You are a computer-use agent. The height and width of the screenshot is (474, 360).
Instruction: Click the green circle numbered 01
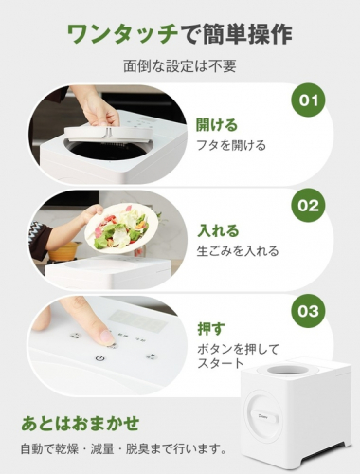coord(308,100)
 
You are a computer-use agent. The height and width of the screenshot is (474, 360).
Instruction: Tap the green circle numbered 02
coord(308,206)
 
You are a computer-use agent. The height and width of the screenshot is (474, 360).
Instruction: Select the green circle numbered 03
coord(308,311)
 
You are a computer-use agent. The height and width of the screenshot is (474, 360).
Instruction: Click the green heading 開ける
coord(217,124)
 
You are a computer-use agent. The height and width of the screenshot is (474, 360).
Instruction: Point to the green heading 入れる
coord(218,230)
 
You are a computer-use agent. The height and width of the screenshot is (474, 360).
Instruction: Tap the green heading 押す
coord(211,329)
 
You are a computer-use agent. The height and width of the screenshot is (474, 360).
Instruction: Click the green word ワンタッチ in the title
coord(122,34)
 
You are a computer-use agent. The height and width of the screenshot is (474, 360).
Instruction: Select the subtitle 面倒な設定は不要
coord(180,66)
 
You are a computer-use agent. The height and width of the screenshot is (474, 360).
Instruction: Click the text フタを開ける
coord(231,145)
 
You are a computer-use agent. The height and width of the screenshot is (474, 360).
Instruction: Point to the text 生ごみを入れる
coord(238,251)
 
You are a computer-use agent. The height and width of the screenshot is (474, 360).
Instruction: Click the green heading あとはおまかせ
coord(81,424)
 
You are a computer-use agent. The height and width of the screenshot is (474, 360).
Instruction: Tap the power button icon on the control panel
coord(99,358)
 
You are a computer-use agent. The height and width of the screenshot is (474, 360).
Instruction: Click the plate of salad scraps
coord(121,229)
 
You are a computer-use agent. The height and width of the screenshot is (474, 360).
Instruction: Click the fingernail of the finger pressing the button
coord(106,337)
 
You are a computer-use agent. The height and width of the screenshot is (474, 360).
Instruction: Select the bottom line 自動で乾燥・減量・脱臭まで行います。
coord(123,449)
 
